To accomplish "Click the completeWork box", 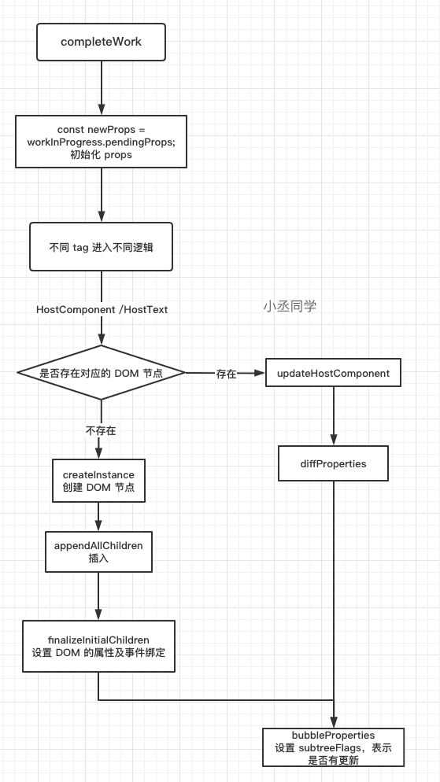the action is click(x=102, y=42).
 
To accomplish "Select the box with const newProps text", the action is click(x=102, y=142).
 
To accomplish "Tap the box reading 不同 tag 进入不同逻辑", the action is click(x=102, y=247).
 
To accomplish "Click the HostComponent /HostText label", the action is click(x=102, y=310).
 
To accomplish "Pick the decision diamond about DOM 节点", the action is click(x=102, y=373).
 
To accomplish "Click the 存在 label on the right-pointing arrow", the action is click(x=226, y=374).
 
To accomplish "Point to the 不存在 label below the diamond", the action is click(x=101, y=431).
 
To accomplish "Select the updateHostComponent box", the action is click(x=333, y=373).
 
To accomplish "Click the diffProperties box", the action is click(x=333, y=464).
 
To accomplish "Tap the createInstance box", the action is click(x=98, y=481).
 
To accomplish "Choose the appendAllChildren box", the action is click(x=98, y=551).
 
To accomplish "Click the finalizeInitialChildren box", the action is click(x=98, y=647).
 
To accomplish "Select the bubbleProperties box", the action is click(x=333, y=747).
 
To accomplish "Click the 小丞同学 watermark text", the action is click(x=290, y=306).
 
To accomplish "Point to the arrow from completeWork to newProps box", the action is click(x=102, y=88).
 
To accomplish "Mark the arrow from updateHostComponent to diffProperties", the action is click(x=334, y=416).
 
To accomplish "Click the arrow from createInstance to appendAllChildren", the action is click(x=98, y=517).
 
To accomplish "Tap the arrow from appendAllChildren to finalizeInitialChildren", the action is click(x=98, y=596).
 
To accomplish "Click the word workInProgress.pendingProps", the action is click(x=102, y=142).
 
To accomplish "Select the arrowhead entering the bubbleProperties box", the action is click(x=334, y=722).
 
